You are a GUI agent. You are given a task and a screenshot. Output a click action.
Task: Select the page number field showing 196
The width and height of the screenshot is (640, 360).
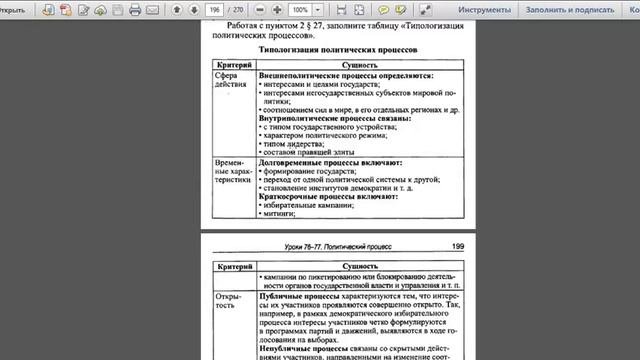click(x=213, y=10)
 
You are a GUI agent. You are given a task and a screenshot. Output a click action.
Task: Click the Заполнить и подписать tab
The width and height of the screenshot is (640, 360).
click(x=567, y=10)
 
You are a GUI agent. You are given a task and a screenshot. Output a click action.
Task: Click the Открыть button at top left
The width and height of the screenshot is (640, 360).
click(x=17, y=10)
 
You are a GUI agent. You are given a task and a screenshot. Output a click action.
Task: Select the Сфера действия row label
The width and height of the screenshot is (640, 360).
click(x=231, y=80)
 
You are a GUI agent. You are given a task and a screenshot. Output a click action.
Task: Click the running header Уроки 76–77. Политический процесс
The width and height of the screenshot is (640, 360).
click(x=337, y=245)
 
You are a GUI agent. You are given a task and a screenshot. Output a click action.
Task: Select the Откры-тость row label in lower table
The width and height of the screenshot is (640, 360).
click(x=230, y=302)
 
